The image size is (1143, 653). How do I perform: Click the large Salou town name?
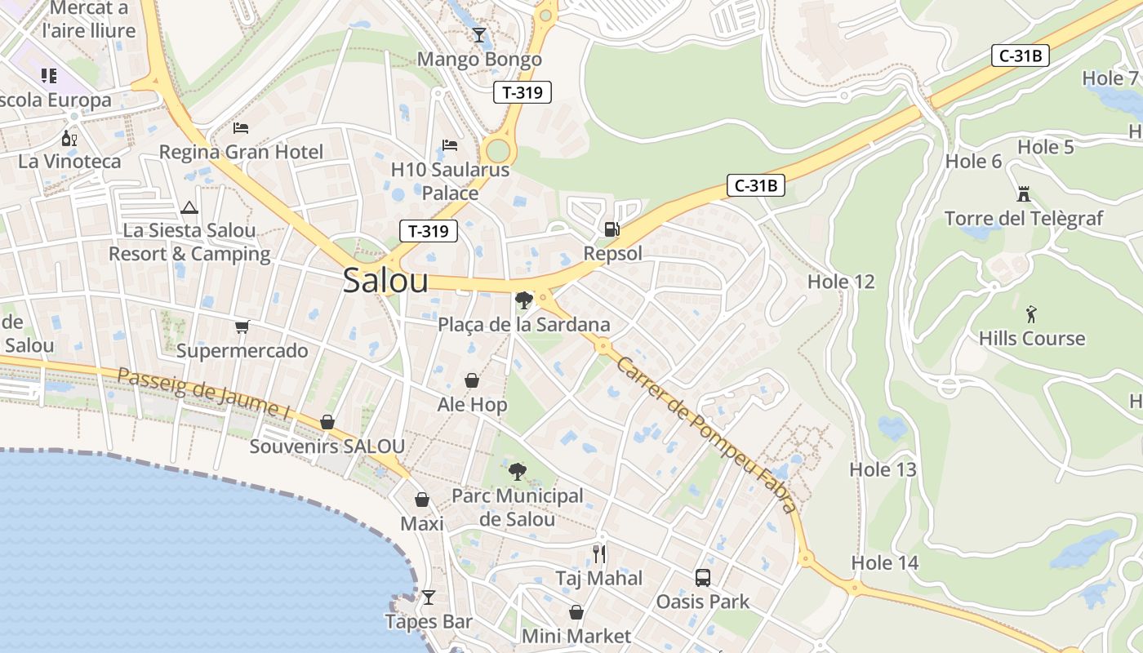coord(385,280)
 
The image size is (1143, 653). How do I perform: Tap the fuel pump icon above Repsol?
coord(612,229)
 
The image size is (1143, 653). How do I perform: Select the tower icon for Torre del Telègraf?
coord(1023,194)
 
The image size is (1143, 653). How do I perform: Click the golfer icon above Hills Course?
coord(1031,314)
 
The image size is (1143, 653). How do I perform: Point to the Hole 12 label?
coord(841,282)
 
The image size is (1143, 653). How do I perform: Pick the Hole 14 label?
coord(885,562)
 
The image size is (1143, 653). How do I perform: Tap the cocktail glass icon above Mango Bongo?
coord(479,35)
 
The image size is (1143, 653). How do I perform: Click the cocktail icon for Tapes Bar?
coord(429,597)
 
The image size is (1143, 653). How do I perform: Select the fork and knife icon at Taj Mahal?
coord(599,554)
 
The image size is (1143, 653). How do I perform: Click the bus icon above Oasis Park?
coord(703,578)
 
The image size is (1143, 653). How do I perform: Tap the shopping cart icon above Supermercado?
coord(242,327)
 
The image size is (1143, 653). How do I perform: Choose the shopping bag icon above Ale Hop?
coord(472,380)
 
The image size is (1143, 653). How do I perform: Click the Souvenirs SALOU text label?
coord(327,446)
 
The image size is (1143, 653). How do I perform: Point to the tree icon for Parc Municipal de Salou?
coord(517,471)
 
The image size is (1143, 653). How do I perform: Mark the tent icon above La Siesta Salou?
coord(189,207)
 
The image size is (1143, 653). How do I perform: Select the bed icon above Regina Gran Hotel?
coord(241,127)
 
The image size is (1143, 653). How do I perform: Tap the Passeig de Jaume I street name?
coord(203,394)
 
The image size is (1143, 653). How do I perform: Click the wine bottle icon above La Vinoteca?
coord(69,138)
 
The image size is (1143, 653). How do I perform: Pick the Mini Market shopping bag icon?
coord(576,612)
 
